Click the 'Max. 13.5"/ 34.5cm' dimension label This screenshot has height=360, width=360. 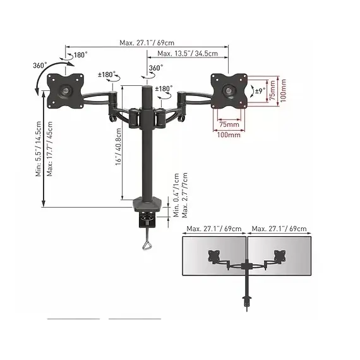[188, 54]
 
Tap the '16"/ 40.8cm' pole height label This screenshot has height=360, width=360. [118, 147]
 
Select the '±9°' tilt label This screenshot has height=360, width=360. [260, 91]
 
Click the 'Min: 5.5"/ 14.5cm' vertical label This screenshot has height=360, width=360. [39, 149]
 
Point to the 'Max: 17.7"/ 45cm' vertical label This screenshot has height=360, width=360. [50, 149]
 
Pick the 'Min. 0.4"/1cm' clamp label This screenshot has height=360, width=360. [176, 195]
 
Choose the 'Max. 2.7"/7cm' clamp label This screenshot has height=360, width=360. [184, 195]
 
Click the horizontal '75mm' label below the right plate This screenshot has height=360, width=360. [229, 124]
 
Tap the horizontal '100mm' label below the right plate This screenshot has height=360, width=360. [229, 135]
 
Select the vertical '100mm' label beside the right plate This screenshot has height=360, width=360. [283, 90]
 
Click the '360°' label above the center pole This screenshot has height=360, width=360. [156, 68]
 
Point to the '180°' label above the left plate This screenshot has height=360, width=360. [81, 55]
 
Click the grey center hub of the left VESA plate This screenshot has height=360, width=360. [66, 90]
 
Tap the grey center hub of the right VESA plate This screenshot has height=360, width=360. [229, 90]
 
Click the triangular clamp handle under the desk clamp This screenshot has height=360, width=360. [147, 246]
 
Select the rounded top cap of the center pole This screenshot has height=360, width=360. [147, 88]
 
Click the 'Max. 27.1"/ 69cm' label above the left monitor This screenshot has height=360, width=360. [214, 229]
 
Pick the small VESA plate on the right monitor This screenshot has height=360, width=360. [280, 256]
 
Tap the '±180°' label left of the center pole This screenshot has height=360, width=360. [107, 75]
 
